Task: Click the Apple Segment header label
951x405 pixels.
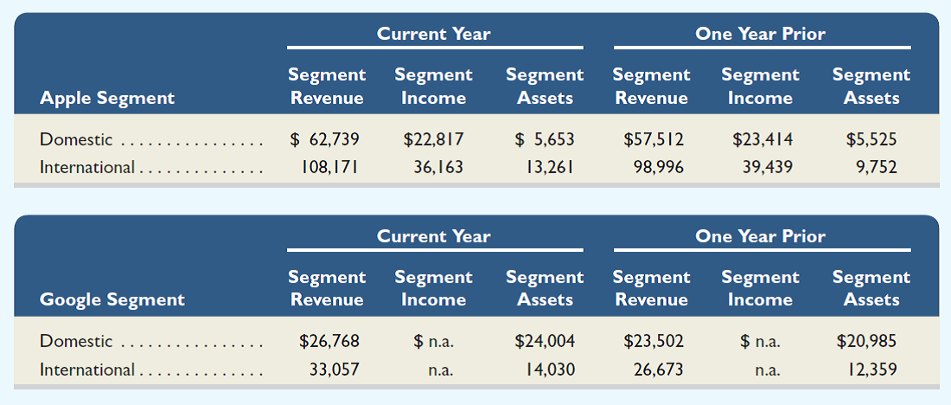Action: [x=107, y=98]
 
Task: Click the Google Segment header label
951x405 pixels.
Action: [x=112, y=299]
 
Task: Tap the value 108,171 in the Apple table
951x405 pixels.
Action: [x=326, y=167]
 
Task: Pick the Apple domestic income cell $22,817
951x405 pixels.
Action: [x=433, y=138]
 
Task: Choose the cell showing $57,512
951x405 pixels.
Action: [x=653, y=138]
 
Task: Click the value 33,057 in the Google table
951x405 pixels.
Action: [x=333, y=370]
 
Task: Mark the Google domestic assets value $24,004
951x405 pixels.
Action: [x=545, y=341]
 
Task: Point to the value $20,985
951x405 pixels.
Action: [x=867, y=341]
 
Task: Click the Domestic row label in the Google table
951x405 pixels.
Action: [x=76, y=341]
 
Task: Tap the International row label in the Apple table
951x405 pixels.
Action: [x=87, y=167]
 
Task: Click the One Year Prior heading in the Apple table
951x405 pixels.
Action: [x=761, y=34]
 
